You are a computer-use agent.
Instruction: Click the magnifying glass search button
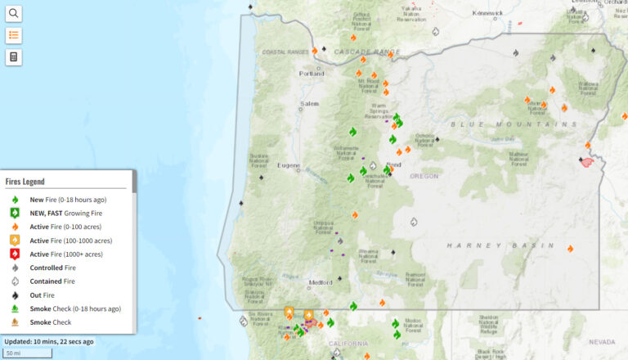click(x=14, y=13)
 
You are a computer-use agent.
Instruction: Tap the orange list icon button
click(x=14, y=35)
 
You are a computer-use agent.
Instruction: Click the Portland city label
click(x=311, y=73)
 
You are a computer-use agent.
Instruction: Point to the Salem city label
click(x=308, y=104)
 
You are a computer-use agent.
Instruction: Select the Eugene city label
click(x=289, y=165)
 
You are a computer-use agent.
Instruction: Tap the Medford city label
click(x=321, y=283)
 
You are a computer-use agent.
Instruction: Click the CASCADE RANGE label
click(x=367, y=52)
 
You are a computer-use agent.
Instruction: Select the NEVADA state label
click(x=601, y=341)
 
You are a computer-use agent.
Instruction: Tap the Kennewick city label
click(x=488, y=13)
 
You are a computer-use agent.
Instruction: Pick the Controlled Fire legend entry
click(x=52, y=268)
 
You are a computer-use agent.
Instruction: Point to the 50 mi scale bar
click(x=28, y=353)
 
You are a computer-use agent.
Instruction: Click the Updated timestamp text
click(x=49, y=341)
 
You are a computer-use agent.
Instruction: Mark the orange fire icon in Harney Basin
click(x=570, y=248)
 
